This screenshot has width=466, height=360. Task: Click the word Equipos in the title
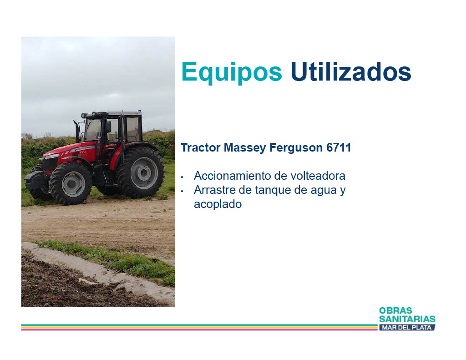click(232, 71)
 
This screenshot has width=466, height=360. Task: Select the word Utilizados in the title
click(351, 71)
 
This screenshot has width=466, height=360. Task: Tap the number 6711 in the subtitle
click(339, 147)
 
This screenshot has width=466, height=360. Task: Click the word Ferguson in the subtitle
click(296, 148)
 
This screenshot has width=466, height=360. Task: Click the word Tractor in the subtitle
click(200, 147)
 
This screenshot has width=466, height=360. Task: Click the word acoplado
click(218, 204)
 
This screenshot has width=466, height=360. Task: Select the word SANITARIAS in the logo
click(407, 319)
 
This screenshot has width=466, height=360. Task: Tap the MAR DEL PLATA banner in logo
click(407, 327)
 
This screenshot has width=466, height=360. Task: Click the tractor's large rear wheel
click(141, 172)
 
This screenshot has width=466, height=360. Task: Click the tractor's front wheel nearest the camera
click(71, 183)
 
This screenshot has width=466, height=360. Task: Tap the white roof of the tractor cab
click(123, 113)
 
